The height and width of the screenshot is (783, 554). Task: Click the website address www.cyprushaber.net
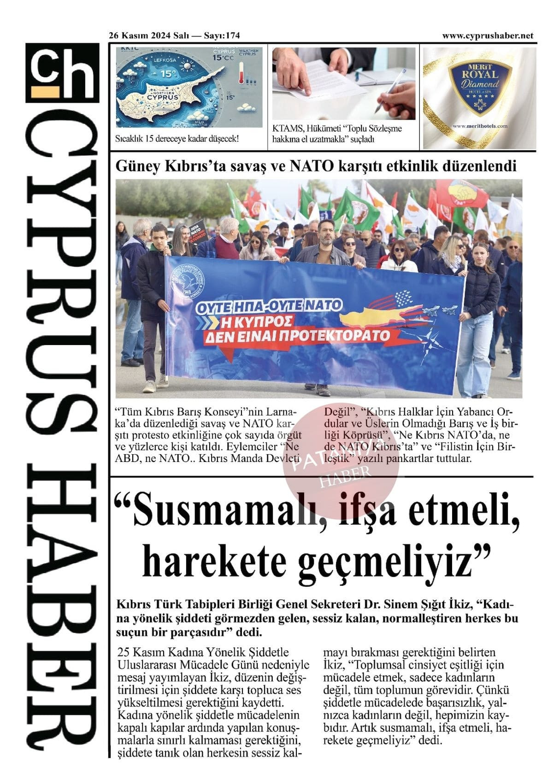[x=487, y=35]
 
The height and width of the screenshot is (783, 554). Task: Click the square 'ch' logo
[x=62, y=72]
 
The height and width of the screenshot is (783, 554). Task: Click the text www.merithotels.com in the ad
[x=480, y=126]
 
